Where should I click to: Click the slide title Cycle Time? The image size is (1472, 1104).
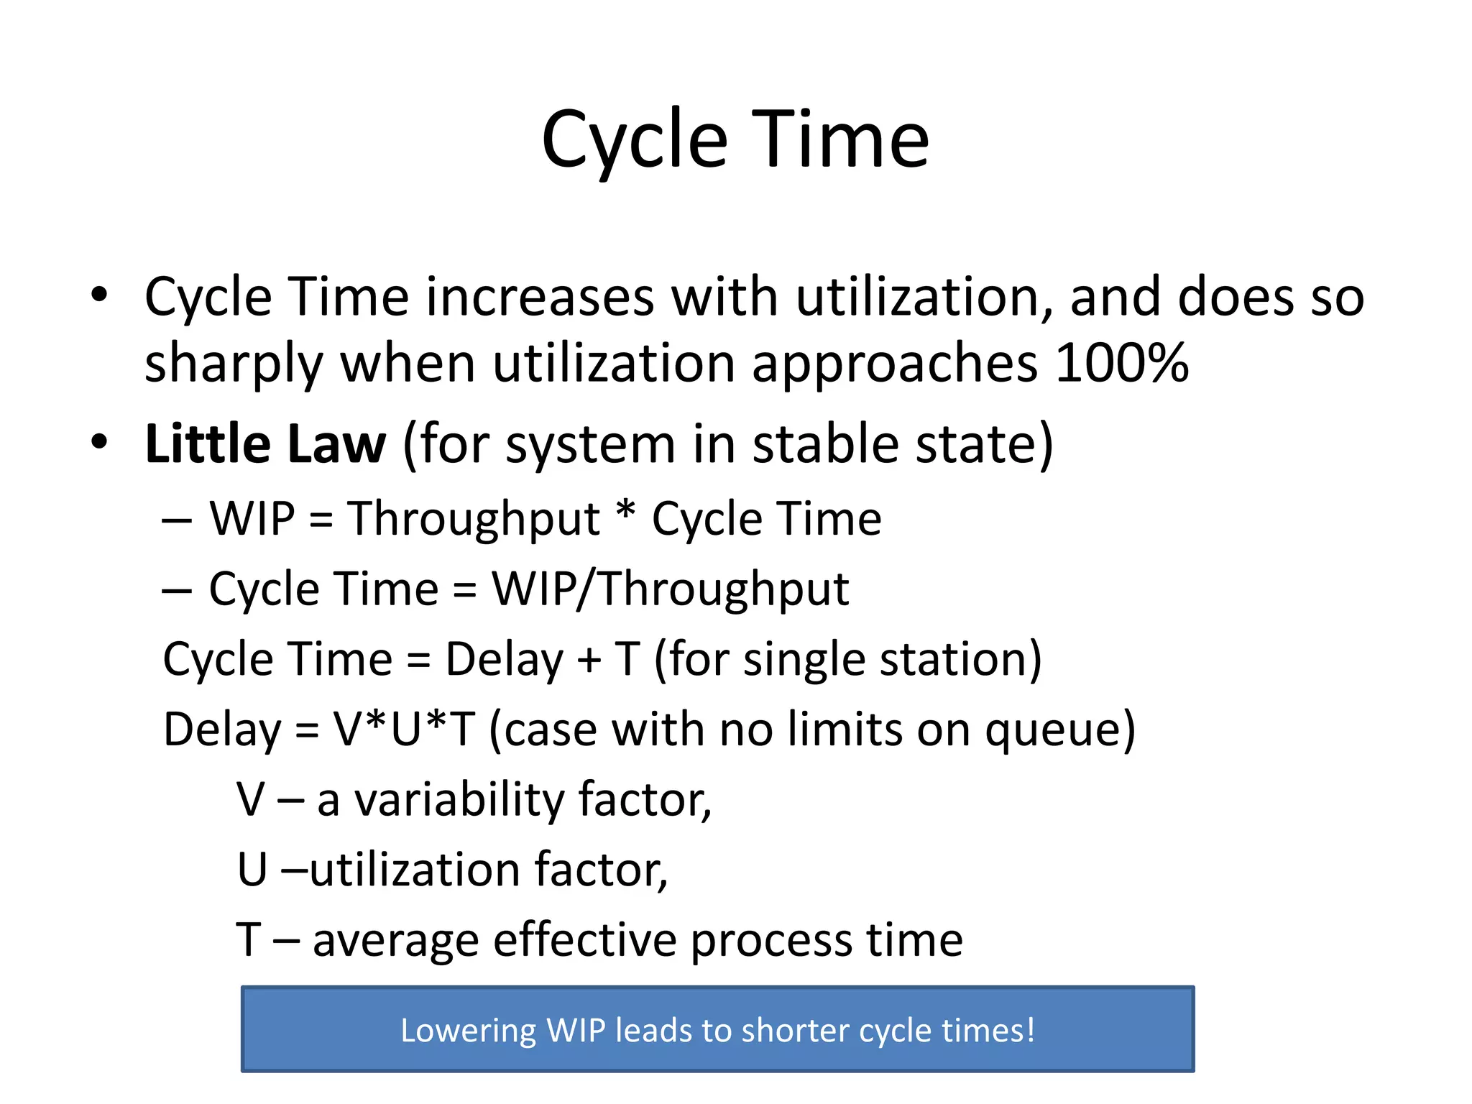(735, 140)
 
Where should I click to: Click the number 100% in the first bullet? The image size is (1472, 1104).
(1121, 363)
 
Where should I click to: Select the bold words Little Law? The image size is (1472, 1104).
(265, 444)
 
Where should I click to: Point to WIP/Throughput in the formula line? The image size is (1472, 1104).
(670, 589)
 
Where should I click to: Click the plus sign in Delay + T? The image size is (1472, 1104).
(589, 660)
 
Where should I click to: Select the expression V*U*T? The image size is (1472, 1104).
(403, 729)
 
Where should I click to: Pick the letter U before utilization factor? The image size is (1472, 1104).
(252, 870)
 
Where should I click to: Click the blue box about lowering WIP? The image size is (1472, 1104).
(717, 1029)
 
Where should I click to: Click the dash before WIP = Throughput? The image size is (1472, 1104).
(177, 520)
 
